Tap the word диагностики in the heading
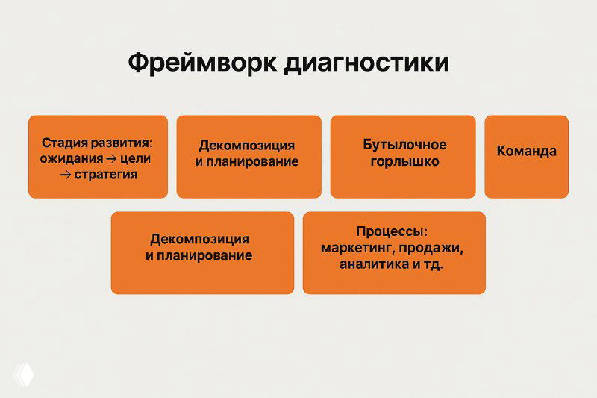tap(366, 63)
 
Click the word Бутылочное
tap(404, 144)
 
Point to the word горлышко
tap(404, 161)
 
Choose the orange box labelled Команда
tap(526, 156)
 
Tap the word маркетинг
tap(353, 248)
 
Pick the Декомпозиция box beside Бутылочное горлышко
tap(249, 156)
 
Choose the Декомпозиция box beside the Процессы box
tap(202, 252)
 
